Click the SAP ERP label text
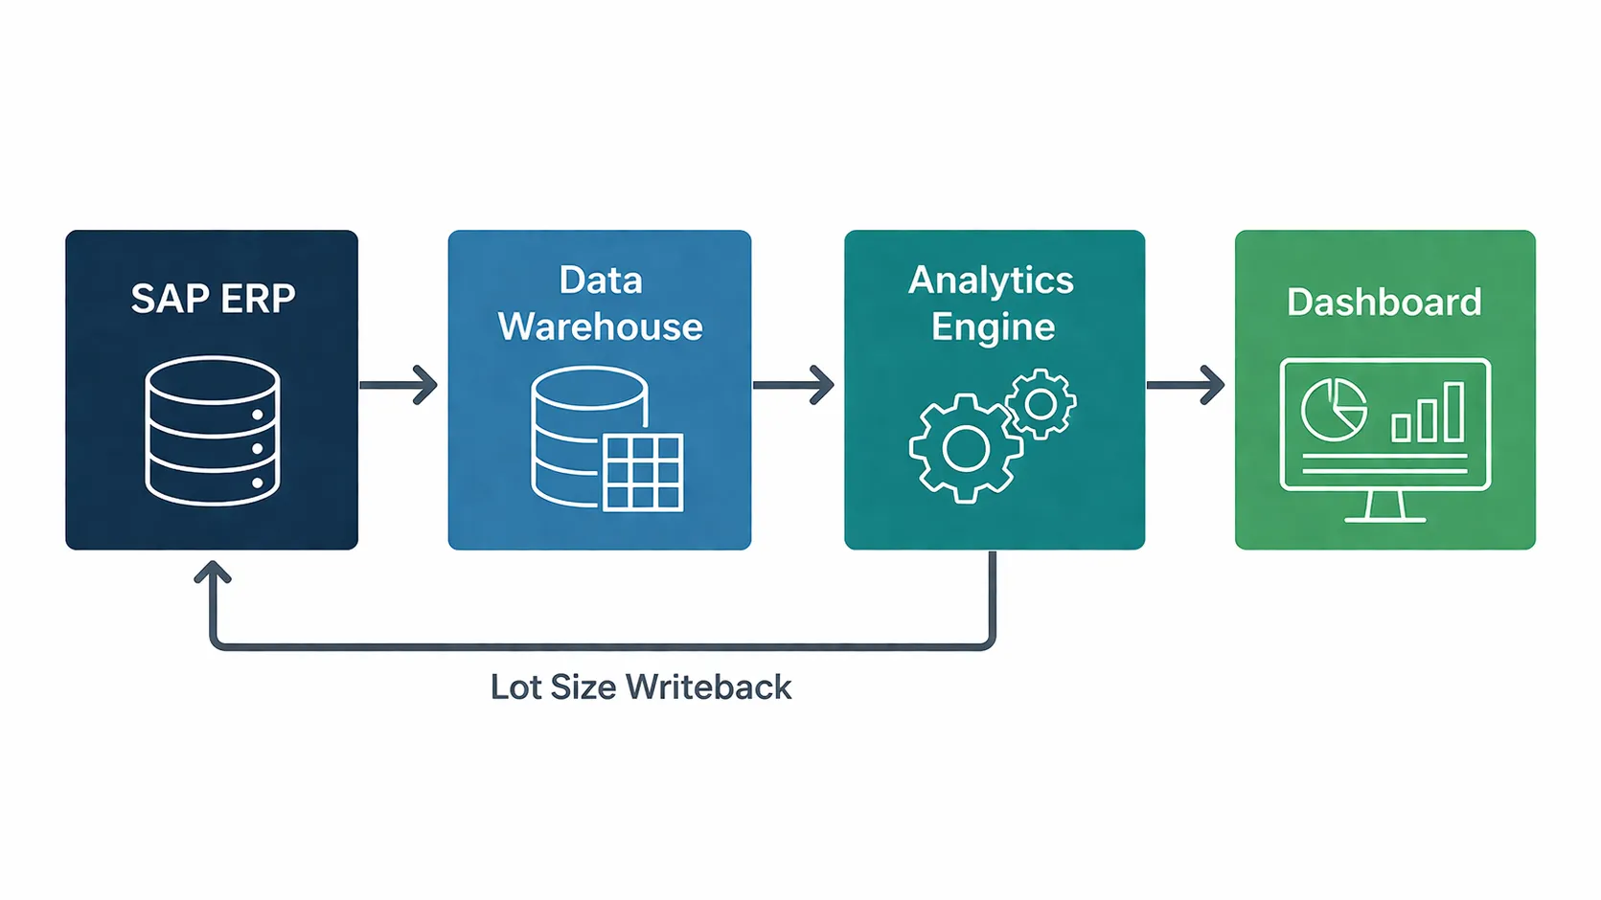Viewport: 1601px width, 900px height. (213, 299)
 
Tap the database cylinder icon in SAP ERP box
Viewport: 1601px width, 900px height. (212, 430)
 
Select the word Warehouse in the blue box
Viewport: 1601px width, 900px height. (600, 327)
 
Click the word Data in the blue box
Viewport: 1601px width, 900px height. (600, 281)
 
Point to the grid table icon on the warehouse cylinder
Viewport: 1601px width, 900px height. (643, 471)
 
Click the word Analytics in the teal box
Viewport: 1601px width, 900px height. (991, 281)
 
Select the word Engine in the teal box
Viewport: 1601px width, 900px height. (993, 327)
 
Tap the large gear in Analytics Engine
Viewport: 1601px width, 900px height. (965, 448)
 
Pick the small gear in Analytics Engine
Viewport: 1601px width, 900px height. (1041, 404)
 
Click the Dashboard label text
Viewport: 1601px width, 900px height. (1384, 303)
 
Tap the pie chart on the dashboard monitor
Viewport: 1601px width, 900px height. (1333, 410)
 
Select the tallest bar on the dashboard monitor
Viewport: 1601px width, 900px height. (1453, 412)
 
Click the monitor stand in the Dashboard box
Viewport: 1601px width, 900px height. (1384, 506)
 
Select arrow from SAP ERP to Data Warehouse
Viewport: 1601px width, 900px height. (400, 385)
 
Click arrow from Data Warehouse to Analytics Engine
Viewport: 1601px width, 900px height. (794, 385)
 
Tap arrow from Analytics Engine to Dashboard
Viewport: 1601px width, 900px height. (1186, 385)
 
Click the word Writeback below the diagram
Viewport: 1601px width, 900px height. (709, 687)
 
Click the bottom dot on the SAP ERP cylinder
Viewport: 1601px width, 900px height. (257, 483)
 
